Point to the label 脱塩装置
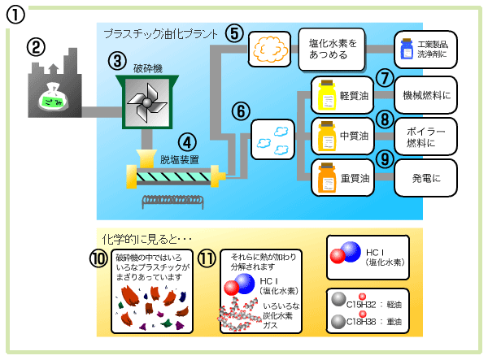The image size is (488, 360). point(179,160)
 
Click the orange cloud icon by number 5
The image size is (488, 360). point(269,49)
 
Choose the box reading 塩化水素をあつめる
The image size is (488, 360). point(333,48)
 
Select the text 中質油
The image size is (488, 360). point(355,136)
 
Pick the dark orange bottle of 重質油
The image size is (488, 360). point(327,176)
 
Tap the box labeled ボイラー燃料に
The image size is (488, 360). point(426,137)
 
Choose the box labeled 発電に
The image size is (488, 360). point(426,178)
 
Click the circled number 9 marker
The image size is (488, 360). point(386,158)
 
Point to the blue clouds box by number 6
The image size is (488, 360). point(273,139)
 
